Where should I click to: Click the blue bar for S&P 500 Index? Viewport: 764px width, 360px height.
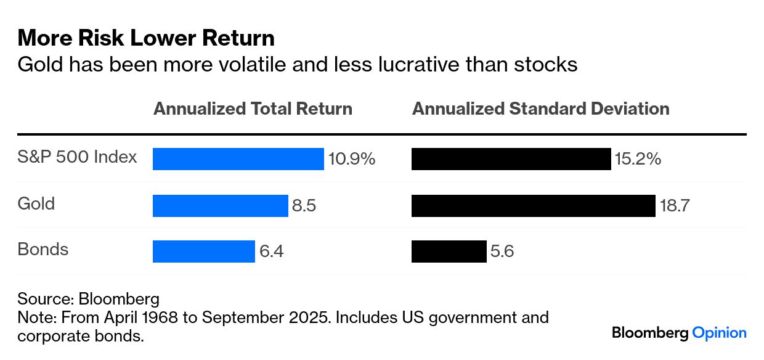point(238,159)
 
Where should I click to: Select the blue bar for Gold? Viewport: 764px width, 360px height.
point(220,205)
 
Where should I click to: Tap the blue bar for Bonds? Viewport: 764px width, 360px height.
point(203,252)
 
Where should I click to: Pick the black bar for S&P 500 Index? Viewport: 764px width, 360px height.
point(511,159)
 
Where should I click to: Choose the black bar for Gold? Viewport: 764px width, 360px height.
point(533,205)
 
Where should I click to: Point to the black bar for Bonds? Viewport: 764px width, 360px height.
point(449,252)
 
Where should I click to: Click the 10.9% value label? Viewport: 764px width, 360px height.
point(352,159)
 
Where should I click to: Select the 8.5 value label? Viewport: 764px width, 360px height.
point(304,205)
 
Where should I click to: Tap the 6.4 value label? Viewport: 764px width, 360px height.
point(271,252)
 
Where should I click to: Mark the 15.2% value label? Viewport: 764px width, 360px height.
point(638,159)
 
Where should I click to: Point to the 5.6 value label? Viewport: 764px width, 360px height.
point(502,252)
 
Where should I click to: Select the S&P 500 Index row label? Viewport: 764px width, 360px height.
point(77,157)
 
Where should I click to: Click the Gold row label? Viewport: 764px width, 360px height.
point(36,203)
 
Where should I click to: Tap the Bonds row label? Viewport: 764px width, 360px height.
point(43,250)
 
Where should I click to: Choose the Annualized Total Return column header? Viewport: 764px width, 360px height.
point(253,109)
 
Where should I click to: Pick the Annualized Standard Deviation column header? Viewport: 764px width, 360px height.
point(540,109)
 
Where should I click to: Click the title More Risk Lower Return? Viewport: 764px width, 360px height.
point(146,38)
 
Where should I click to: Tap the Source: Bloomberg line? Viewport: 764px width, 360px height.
point(88,300)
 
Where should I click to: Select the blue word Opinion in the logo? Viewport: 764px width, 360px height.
point(720,333)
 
